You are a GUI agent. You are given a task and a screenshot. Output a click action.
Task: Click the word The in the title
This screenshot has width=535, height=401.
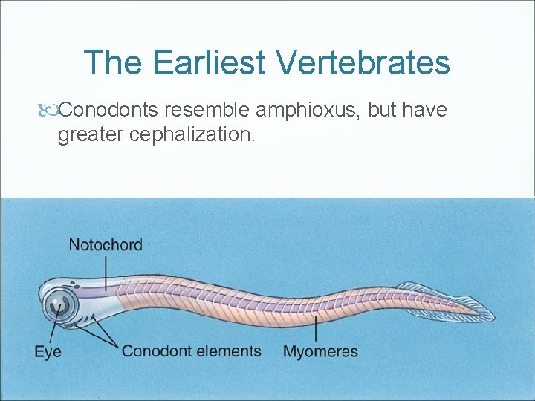click(114, 63)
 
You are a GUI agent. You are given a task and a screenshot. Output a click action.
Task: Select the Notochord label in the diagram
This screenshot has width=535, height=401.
click(105, 244)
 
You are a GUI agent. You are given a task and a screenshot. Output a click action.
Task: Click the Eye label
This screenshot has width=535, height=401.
click(48, 351)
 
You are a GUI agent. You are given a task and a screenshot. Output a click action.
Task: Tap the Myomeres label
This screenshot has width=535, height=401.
click(320, 351)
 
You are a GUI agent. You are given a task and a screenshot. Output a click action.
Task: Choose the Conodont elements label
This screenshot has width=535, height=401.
click(192, 351)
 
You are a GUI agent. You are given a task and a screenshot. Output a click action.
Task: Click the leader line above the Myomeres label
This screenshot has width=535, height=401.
click(317, 329)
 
